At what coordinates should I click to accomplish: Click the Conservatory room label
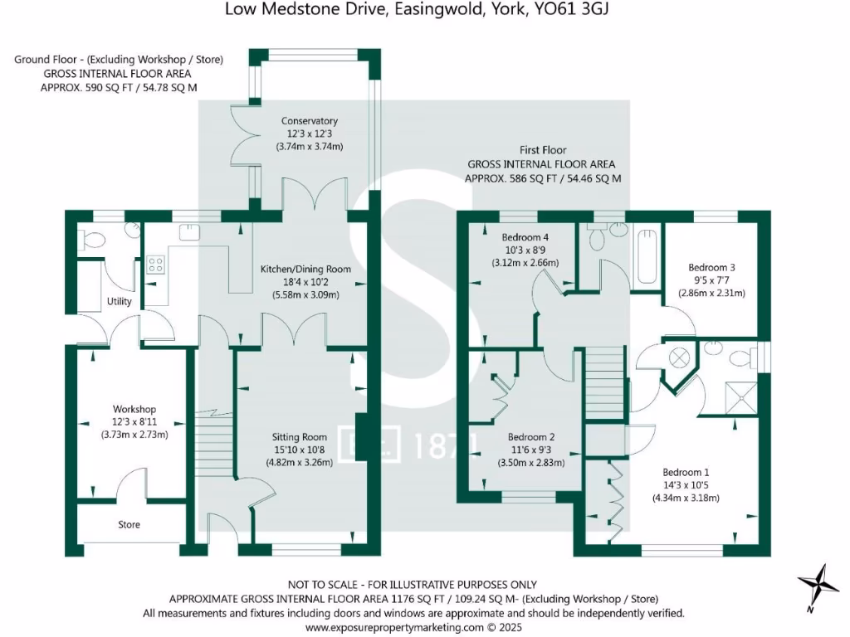309,121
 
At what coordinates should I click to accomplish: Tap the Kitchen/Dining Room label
305,270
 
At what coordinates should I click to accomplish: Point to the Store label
129,525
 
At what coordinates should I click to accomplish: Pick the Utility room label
120,301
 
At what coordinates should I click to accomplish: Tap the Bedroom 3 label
711,268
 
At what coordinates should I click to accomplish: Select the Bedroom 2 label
531,437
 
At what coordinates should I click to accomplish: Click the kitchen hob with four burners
155,265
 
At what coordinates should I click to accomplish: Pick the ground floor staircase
212,448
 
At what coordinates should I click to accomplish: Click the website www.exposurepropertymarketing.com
394,628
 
